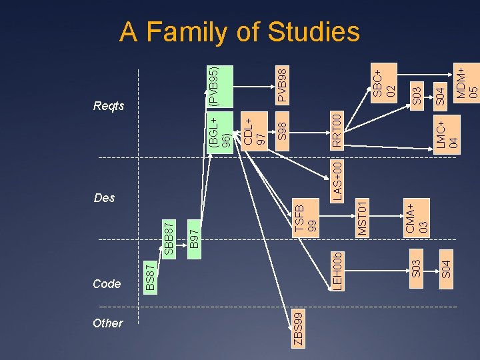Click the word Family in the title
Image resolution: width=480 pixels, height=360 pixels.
pyautogui.click(x=202, y=32)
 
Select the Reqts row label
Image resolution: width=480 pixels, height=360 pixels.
pyautogui.click(x=109, y=107)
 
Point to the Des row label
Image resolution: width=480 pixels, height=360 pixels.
pyautogui.click(x=105, y=198)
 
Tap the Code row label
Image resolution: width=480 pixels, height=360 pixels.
pyautogui.click(x=107, y=284)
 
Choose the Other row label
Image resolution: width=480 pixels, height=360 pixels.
pyautogui.click(x=108, y=323)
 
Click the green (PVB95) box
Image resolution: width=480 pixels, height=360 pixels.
pyautogui.click(x=219, y=86)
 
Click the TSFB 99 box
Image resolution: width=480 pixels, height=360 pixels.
pyautogui.click(x=307, y=218)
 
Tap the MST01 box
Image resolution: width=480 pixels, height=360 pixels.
pyautogui.click(x=361, y=218)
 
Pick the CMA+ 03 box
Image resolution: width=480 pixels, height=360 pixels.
pyautogui.click(x=417, y=218)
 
